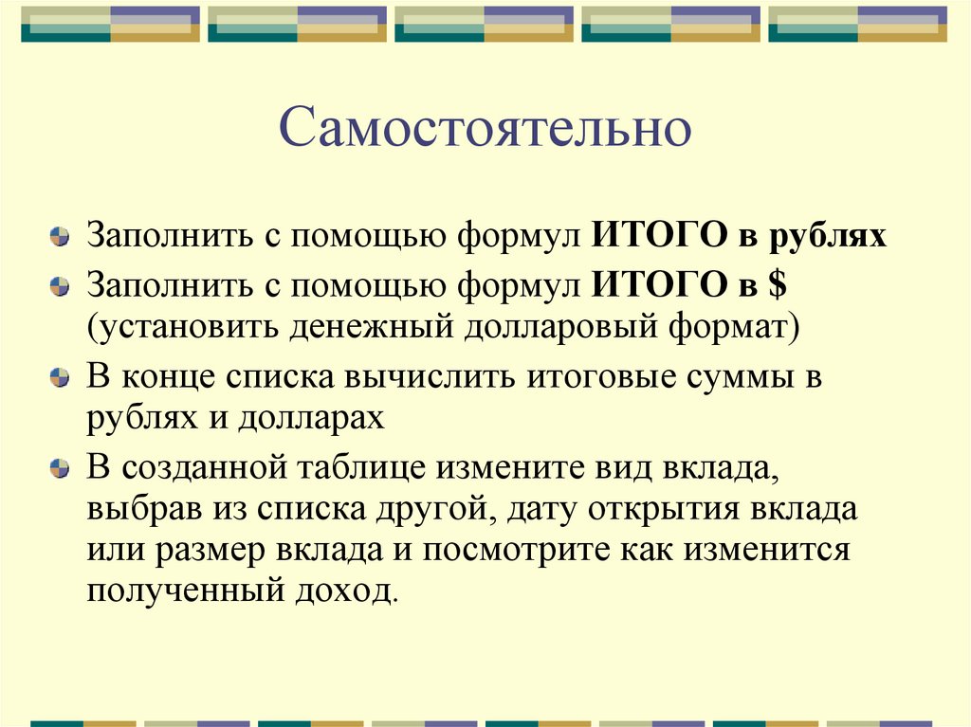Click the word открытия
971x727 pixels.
669,508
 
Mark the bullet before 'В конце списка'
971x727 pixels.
60,378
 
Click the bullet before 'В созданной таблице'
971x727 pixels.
60,467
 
